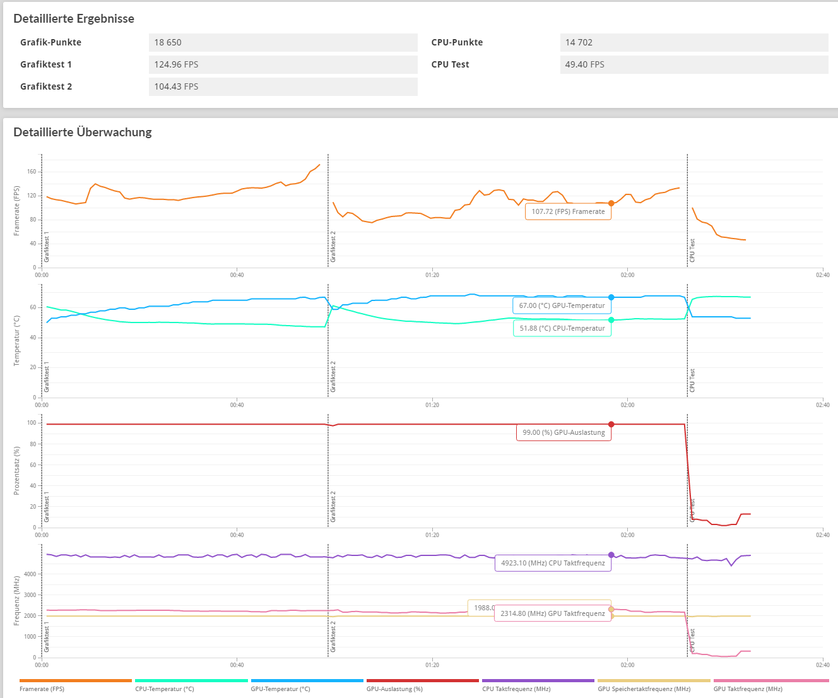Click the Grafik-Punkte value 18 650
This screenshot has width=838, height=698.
tap(168, 42)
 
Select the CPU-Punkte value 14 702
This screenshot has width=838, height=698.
tap(579, 42)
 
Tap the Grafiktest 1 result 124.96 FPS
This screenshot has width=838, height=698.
tap(176, 64)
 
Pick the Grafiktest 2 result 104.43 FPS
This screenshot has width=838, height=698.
tap(176, 86)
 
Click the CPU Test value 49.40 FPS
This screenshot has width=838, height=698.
tap(584, 64)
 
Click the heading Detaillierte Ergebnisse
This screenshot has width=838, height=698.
tap(74, 18)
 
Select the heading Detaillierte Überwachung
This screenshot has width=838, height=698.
tap(83, 132)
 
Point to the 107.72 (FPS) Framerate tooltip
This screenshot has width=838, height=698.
tap(568, 211)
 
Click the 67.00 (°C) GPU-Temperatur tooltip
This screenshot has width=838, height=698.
tap(562, 305)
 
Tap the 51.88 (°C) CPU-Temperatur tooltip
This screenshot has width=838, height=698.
tap(562, 328)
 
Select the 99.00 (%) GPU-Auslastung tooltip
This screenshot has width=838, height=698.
tap(564, 432)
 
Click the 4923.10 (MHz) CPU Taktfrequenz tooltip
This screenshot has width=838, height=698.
tap(553, 563)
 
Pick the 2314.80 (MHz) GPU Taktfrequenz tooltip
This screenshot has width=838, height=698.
tap(553, 613)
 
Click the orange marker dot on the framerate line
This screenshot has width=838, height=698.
tap(611, 203)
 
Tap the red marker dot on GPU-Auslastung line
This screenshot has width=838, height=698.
tap(611, 424)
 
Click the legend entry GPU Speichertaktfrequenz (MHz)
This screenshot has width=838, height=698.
tap(644, 689)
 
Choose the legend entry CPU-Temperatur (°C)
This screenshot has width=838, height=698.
tap(165, 689)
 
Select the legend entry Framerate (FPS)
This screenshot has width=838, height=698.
tap(42, 689)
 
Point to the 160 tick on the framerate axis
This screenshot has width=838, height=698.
tap(32, 172)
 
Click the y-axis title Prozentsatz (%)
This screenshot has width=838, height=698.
tap(16, 470)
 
